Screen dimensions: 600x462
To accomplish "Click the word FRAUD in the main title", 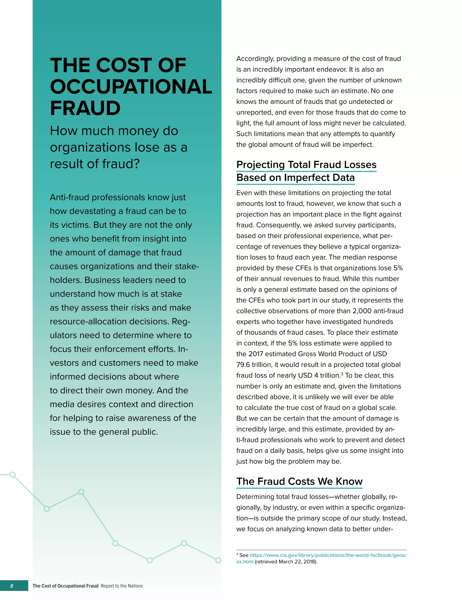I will click(x=85, y=108).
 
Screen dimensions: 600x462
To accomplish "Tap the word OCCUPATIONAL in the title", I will click(x=131, y=87).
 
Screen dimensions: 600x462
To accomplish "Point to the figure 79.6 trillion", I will click(x=254, y=365).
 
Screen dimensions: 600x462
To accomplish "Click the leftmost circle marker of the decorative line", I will click(x=13, y=475).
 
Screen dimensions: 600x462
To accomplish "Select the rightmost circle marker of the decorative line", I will click(x=218, y=560).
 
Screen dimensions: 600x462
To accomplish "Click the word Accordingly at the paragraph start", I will click(x=255, y=59).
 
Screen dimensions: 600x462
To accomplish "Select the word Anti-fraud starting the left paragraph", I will click(x=69, y=197).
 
